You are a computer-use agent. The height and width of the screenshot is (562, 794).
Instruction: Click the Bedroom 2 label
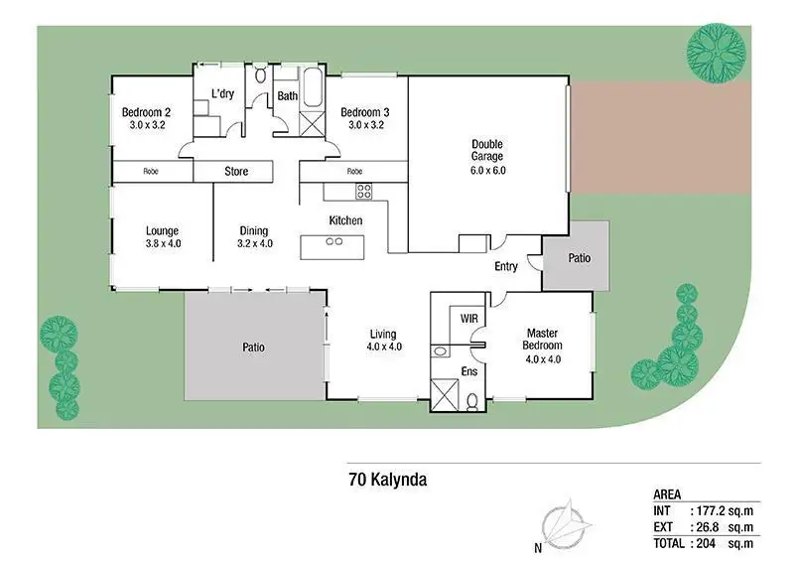click(x=145, y=113)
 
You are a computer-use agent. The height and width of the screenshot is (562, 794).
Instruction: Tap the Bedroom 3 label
click(x=365, y=113)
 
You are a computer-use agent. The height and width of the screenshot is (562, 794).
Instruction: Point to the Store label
click(x=235, y=172)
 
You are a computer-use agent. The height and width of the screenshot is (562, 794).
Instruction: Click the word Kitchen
click(x=345, y=220)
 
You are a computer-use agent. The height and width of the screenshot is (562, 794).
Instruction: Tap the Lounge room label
click(x=162, y=231)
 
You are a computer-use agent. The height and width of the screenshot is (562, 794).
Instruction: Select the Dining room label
click(x=254, y=231)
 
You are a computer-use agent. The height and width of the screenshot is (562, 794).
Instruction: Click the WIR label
click(x=469, y=318)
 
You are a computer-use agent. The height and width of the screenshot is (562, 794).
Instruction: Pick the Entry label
click(x=506, y=266)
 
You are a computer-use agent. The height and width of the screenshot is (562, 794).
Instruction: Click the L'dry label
click(x=223, y=94)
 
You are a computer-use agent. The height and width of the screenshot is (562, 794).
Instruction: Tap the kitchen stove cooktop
click(x=363, y=191)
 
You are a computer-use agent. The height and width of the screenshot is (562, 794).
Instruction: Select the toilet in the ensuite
click(x=471, y=399)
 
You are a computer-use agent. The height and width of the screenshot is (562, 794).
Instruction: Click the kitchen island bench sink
click(x=334, y=241)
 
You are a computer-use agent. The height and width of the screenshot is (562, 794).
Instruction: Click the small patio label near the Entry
click(x=579, y=258)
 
